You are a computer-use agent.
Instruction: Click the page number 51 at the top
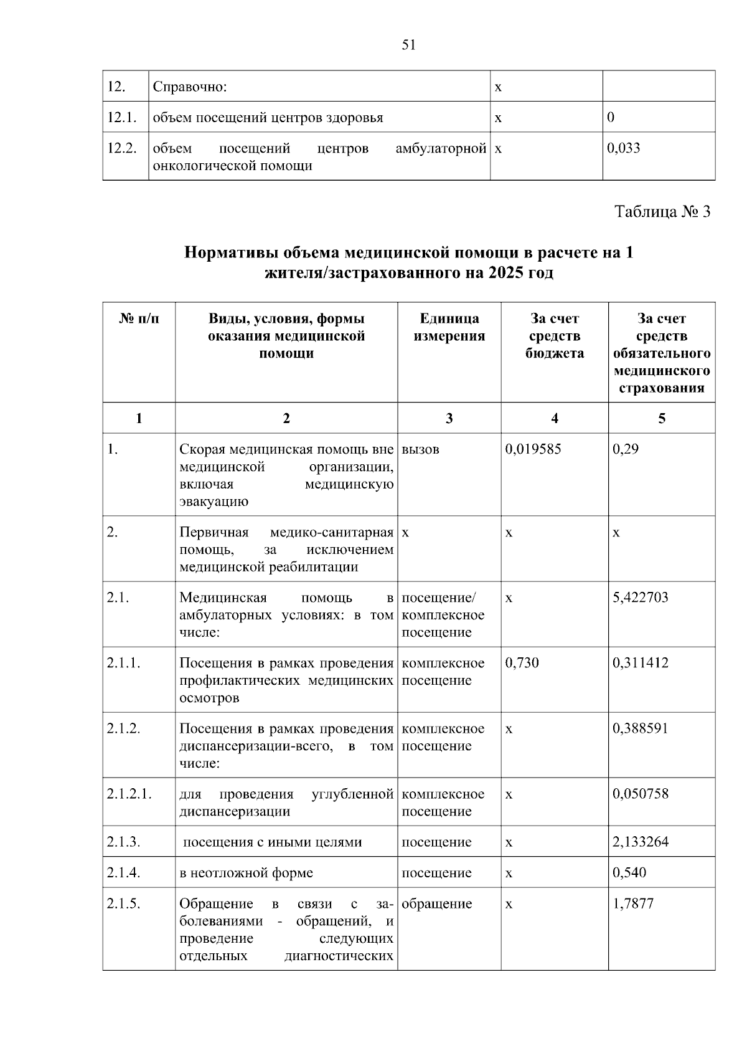click(409, 45)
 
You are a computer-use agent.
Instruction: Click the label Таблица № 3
click(662, 212)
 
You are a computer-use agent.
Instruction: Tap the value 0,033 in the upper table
click(623, 148)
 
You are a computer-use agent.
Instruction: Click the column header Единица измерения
click(449, 327)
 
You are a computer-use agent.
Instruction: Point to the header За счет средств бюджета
click(554, 336)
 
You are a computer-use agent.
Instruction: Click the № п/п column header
click(139, 319)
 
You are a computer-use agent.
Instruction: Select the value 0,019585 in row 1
click(533, 449)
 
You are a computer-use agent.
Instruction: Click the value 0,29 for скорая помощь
click(626, 449)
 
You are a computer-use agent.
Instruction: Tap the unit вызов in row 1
click(421, 449)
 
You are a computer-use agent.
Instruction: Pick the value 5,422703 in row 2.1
click(641, 598)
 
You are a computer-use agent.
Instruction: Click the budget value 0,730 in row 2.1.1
click(522, 663)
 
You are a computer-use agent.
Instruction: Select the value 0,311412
click(641, 663)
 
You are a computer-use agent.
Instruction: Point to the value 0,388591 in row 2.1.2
click(641, 728)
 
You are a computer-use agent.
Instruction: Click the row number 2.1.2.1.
click(129, 794)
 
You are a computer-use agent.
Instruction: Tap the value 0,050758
click(641, 794)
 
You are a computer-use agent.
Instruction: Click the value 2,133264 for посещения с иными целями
click(641, 842)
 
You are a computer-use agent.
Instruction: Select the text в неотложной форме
click(246, 873)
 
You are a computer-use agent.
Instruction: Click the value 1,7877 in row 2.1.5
click(633, 903)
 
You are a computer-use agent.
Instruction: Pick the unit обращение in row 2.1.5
click(437, 903)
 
